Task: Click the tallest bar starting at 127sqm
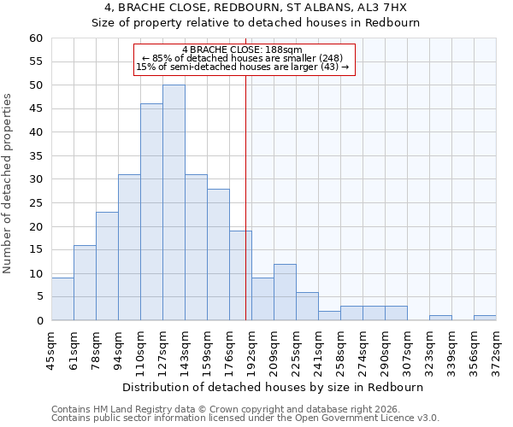pyautogui.click(x=174, y=202)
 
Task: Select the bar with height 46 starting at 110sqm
pyautogui.click(x=151, y=212)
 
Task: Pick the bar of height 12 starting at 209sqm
pyautogui.click(x=285, y=292)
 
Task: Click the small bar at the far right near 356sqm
pyautogui.click(x=485, y=318)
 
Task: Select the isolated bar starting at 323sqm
pyautogui.click(x=440, y=318)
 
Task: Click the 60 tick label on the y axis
pyautogui.click(x=35, y=38)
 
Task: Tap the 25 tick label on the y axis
pyautogui.click(x=35, y=203)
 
